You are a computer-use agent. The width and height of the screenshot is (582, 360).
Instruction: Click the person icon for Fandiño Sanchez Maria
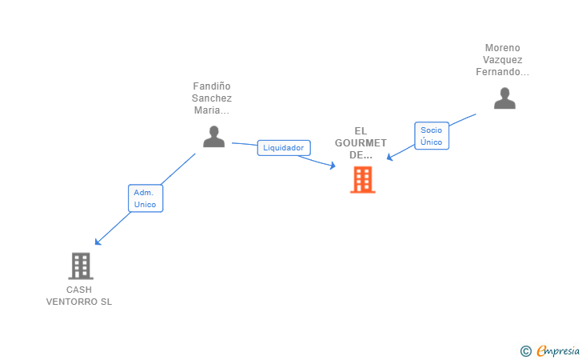tap(213, 137)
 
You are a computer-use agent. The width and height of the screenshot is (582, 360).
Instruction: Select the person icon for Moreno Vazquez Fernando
tap(504, 98)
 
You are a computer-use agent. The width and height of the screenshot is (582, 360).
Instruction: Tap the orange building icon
tap(362, 180)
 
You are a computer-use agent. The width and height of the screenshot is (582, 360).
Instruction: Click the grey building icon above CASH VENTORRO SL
tap(81, 266)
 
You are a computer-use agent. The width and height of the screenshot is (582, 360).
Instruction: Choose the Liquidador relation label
tap(284, 148)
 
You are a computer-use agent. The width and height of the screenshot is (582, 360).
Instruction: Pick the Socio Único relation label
tap(432, 136)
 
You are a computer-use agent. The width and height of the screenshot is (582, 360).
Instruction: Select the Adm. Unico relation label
tap(145, 198)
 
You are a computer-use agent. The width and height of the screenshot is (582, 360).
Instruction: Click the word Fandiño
tap(212, 86)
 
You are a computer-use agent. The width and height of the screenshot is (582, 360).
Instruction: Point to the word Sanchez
tap(212, 98)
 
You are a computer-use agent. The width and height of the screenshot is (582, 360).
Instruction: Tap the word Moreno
tap(502, 48)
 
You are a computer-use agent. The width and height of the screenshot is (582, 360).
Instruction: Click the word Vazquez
tap(502, 60)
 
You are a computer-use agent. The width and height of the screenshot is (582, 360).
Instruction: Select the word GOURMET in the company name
tap(361, 143)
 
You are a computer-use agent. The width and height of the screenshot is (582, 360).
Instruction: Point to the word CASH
tap(79, 290)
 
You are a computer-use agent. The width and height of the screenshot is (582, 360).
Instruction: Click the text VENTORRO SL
tap(79, 302)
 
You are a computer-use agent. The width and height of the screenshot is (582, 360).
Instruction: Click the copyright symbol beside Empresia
tap(525, 350)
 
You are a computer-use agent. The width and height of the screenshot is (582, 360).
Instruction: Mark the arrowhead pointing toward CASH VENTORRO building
tap(97, 242)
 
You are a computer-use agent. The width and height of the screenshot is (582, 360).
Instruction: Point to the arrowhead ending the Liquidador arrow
tap(333, 166)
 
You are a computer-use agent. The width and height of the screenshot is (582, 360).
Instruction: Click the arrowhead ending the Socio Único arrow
tap(389, 158)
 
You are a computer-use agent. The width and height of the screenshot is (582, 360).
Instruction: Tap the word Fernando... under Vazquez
tap(502, 72)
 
